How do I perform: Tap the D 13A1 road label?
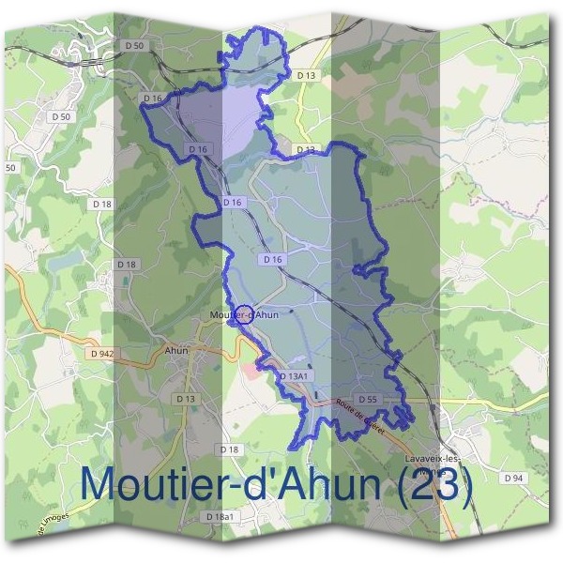[x=294, y=375]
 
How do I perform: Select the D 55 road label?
[x=368, y=399]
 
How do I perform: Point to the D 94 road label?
[x=512, y=478]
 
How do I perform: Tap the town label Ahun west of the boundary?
[x=176, y=350]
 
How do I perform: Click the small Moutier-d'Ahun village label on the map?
[x=245, y=314]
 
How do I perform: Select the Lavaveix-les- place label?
[x=433, y=458]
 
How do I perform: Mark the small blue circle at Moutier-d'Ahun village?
[x=247, y=314]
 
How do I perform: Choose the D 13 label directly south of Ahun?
[x=186, y=399]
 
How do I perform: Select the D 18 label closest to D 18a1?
[x=228, y=450]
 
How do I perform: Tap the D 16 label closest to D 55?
[x=273, y=258]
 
